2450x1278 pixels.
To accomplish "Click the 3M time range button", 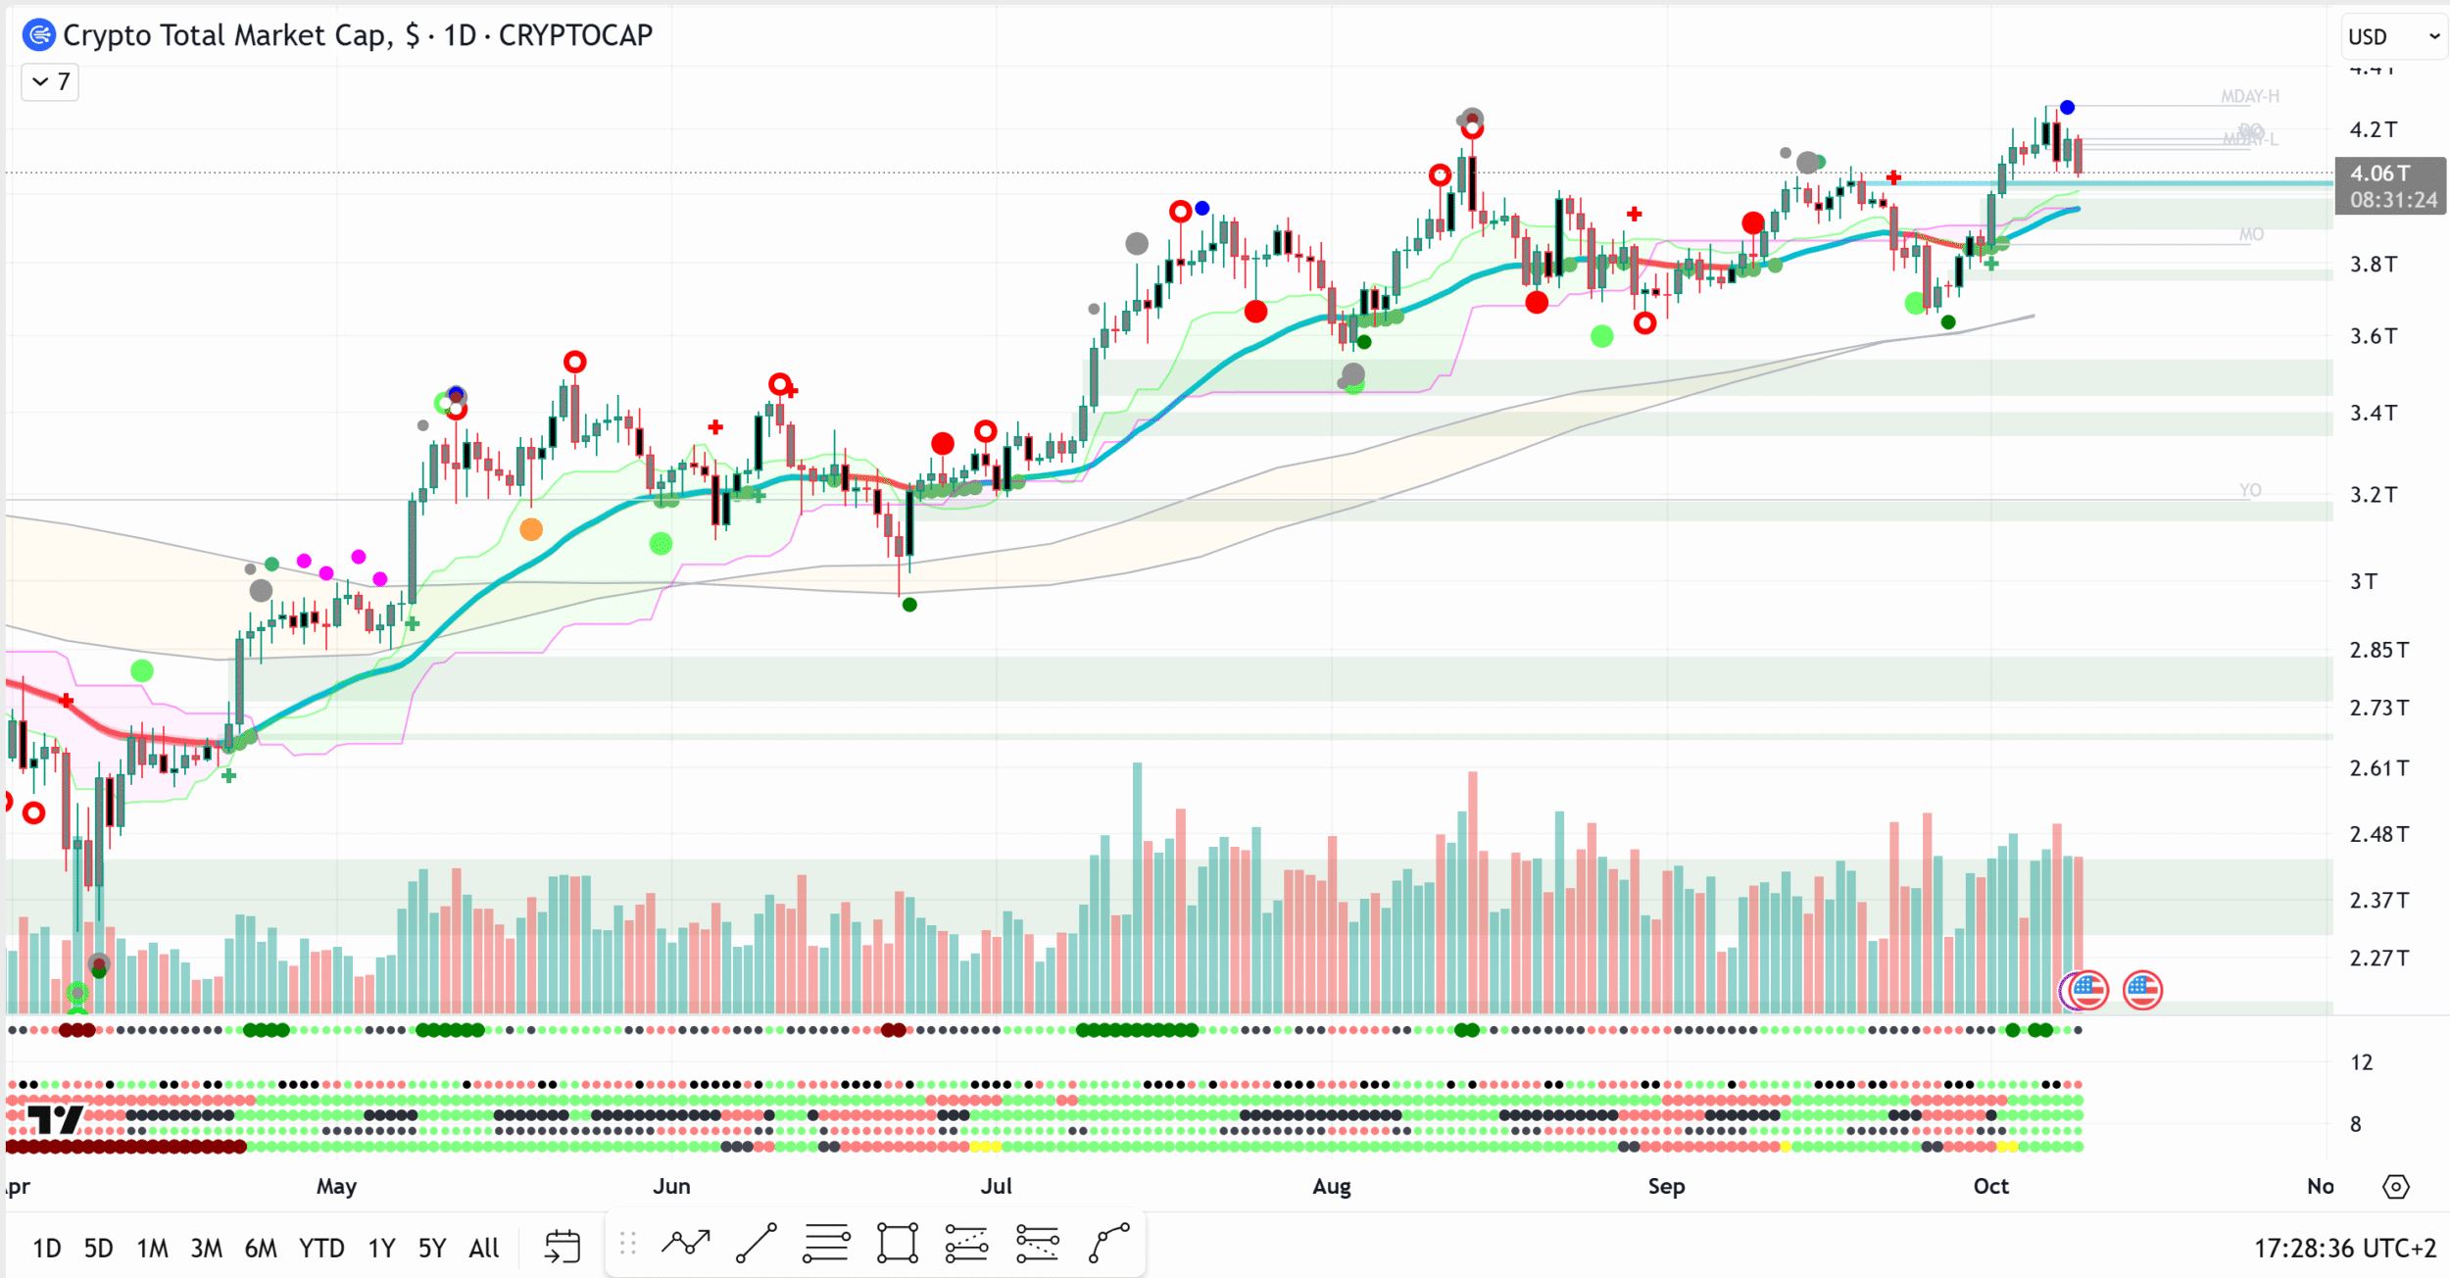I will click(x=206, y=1248).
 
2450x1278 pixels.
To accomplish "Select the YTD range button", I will click(x=321, y=1248).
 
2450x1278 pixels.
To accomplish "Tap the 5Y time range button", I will click(x=431, y=1248).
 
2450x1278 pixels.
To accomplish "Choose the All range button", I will click(x=484, y=1248).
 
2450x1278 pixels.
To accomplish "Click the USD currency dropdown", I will click(x=2391, y=37).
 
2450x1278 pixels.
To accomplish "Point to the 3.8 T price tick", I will click(x=2373, y=264).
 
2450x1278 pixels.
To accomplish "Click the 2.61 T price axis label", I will click(x=2378, y=768).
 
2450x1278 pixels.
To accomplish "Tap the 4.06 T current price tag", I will click(x=2379, y=173).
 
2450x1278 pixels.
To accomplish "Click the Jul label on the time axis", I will click(x=996, y=1186).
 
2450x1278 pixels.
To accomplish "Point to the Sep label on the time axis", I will click(x=1666, y=1186).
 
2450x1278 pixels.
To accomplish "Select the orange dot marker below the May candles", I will click(x=531, y=530).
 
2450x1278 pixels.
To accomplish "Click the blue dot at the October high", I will click(x=2067, y=107).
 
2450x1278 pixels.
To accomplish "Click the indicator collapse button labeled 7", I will click(x=50, y=81).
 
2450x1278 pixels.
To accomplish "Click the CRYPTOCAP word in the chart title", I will click(x=575, y=35).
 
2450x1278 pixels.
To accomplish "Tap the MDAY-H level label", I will click(x=2249, y=96).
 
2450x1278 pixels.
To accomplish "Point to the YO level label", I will click(x=2249, y=490).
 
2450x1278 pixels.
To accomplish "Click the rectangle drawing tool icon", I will click(x=897, y=1244).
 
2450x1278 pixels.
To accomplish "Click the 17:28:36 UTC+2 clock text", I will click(x=2344, y=1248).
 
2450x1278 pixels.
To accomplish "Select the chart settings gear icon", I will click(x=2395, y=1187).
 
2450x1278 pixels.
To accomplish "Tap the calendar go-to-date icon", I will click(x=563, y=1247).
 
